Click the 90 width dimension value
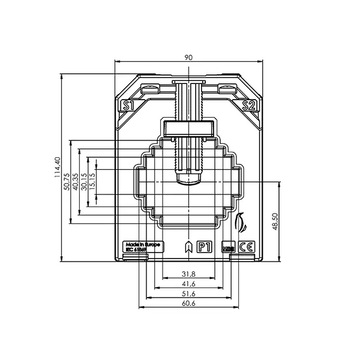(x=188, y=57)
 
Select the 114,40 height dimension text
(x=58, y=168)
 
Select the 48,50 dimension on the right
(x=275, y=221)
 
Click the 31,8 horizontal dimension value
(x=188, y=274)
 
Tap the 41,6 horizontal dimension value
(x=188, y=284)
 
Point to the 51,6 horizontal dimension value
(x=188, y=293)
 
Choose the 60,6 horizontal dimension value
(x=188, y=304)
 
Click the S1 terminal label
(x=127, y=106)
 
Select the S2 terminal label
(x=249, y=106)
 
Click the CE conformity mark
(x=246, y=247)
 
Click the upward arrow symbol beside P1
(x=188, y=247)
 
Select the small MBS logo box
(x=228, y=247)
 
